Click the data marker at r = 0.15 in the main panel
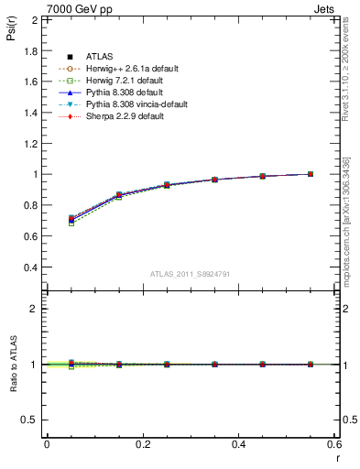(119, 195)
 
